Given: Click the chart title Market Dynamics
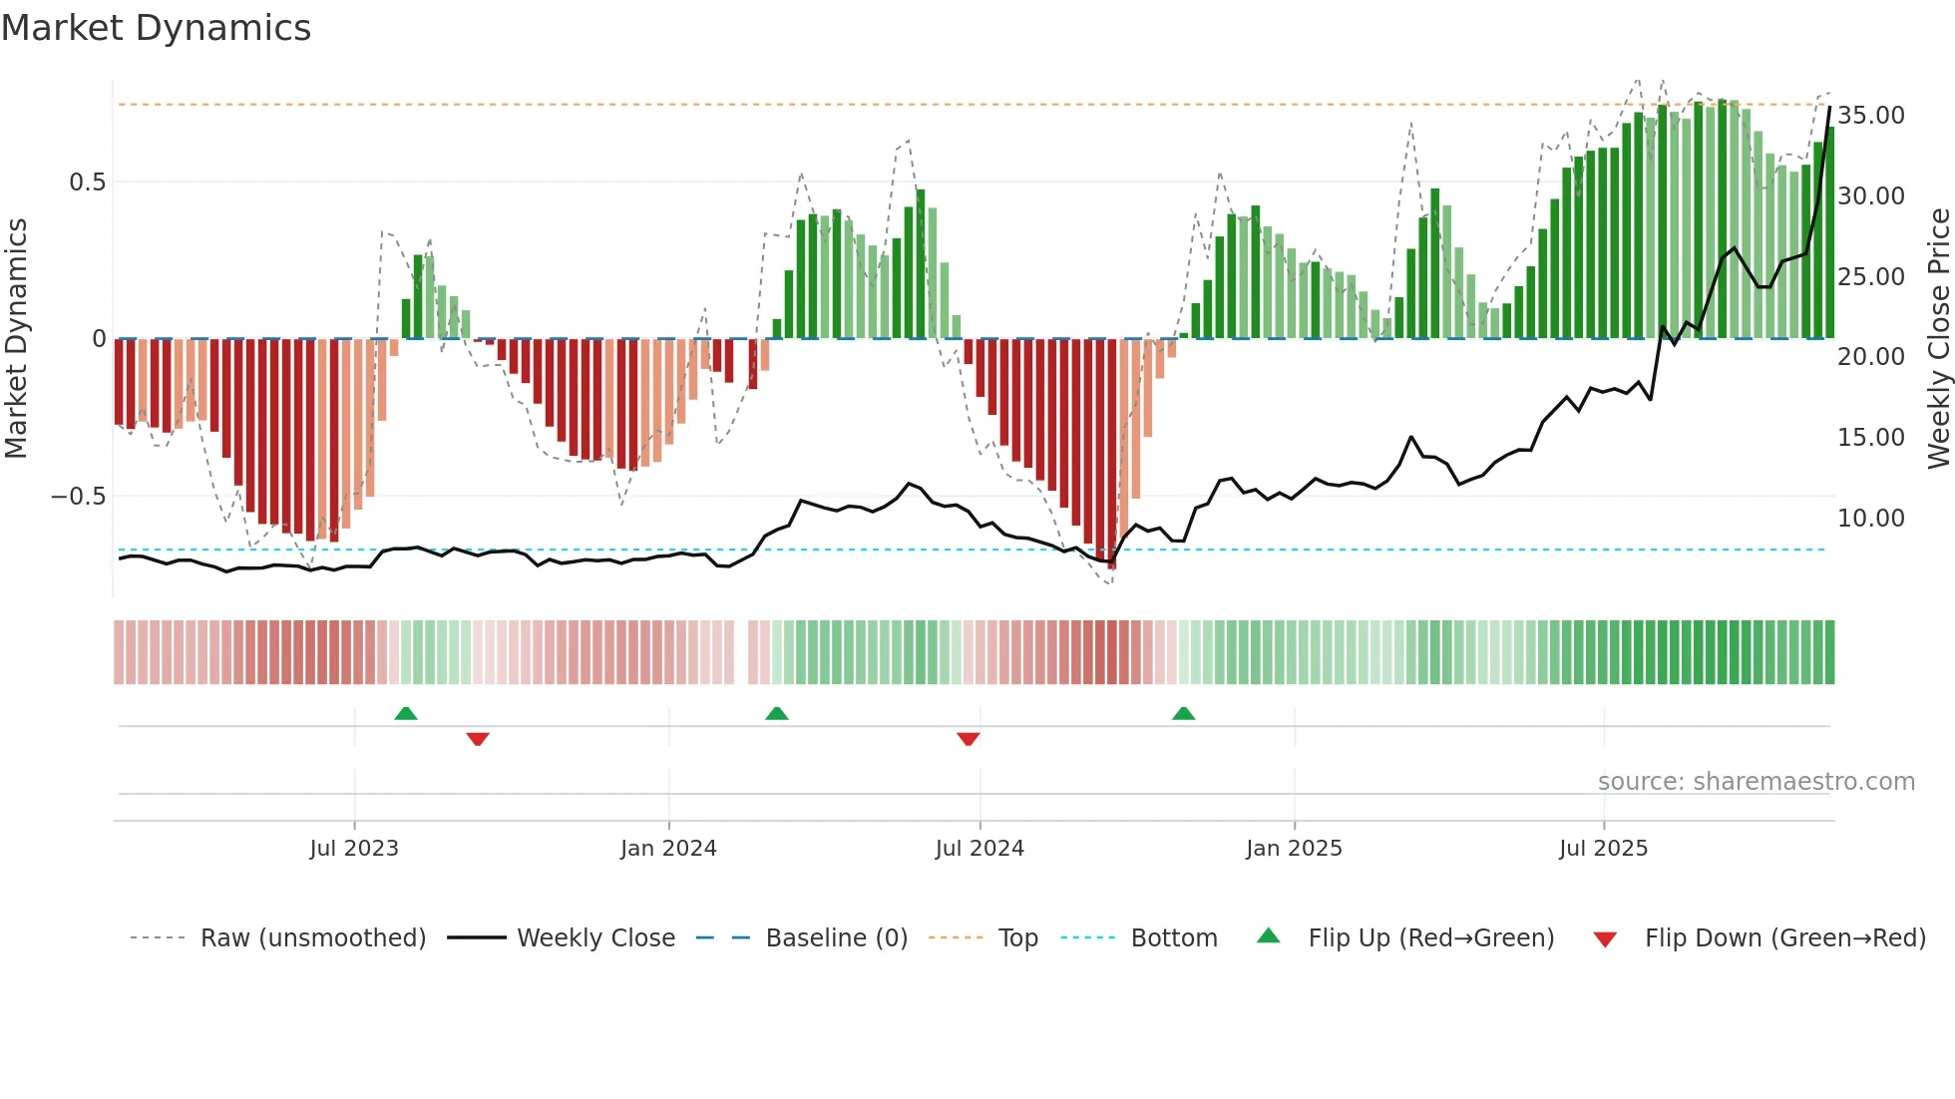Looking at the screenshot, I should tap(157, 28).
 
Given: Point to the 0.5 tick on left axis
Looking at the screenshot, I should tap(87, 183).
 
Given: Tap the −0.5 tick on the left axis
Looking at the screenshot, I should tap(79, 497).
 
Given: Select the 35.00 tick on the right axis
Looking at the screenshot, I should tap(1870, 116).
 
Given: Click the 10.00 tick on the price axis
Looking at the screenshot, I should tap(1870, 519).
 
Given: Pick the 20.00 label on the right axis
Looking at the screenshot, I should tap(1870, 357).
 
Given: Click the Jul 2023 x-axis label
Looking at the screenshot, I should tap(353, 849).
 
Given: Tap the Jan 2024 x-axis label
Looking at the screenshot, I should tap(668, 849).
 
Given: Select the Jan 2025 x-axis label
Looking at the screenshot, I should tap(1294, 849).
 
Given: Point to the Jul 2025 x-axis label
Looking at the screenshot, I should tap(1603, 849).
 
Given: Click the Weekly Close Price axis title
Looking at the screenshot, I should tap(1938, 339).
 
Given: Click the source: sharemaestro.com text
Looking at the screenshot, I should tap(1756, 782).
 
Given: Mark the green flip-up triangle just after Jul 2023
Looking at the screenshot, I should tap(406, 713).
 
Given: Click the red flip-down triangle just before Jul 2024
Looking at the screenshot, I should tap(968, 739).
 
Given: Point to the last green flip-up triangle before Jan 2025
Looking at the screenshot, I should tap(1183, 713).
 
